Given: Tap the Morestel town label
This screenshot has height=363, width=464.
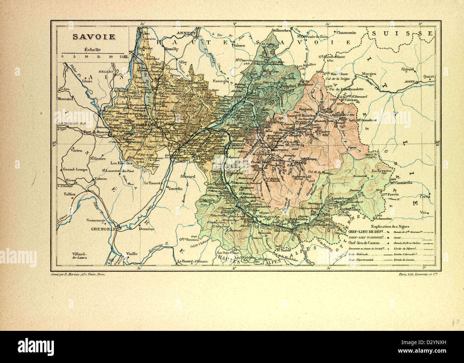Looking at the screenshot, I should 65,99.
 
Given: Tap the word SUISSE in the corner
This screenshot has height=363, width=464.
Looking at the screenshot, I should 402,33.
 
